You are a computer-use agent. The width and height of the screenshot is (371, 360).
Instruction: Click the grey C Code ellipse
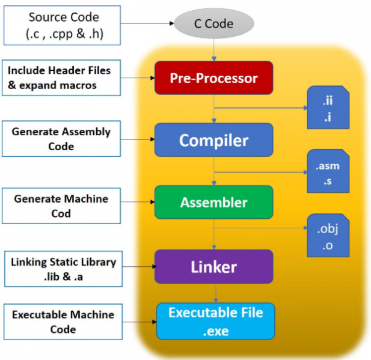click(x=214, y=25)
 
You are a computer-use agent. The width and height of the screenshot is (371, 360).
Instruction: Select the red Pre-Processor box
click(x=213, y=78)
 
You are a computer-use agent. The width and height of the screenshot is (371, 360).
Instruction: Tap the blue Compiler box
click(x=213, y=140)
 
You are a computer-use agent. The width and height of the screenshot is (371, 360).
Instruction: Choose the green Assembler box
click(x=213, y=203)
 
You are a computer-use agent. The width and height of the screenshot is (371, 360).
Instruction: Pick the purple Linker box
click(x=213, y=266)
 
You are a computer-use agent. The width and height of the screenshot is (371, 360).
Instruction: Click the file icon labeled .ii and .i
click(x=328, y=107)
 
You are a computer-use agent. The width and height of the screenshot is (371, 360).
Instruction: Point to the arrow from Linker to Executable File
click(x=214, y=293)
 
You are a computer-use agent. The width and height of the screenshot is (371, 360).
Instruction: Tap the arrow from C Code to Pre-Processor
click(x=214, y=49)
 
